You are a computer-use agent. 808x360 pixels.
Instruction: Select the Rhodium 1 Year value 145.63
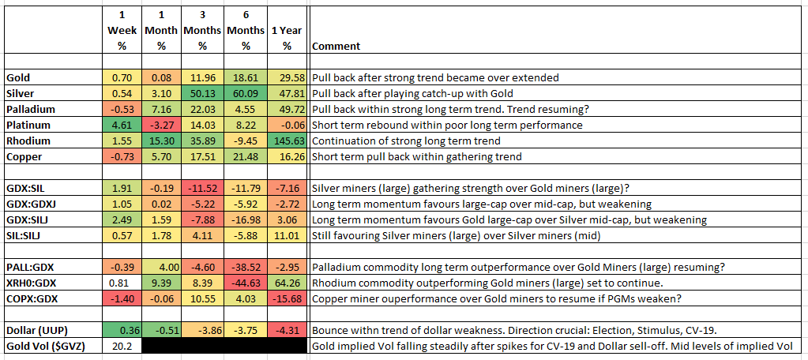tap(287, 141)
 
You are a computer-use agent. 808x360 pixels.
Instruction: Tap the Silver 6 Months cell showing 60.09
tap(246, 94)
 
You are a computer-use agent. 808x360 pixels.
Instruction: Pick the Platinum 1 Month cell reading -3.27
tap(162, 126)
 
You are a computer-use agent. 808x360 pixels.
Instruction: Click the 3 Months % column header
tap(202, 30)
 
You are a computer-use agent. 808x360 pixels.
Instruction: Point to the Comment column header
tap(336, 46)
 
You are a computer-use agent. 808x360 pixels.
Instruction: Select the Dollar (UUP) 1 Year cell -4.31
tap(287, 330)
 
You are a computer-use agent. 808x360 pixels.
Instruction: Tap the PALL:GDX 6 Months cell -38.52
tap(246, 268)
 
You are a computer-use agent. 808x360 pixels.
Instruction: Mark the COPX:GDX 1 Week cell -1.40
tap(122, 298)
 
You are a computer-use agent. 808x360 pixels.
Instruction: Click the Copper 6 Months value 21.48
tap(246, 157)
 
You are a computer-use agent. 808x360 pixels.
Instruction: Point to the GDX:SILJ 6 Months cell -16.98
tap(246, 220)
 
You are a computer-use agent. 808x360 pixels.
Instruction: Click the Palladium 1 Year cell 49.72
tap(287, 110)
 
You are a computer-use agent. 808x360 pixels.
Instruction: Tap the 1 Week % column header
tap(122, 30)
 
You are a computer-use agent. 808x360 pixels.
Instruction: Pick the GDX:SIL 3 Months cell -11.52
tap(202, 189)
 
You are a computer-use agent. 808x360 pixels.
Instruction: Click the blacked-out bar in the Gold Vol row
tap(224, 346)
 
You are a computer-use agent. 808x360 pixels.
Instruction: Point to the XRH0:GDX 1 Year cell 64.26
tap(287, 283)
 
